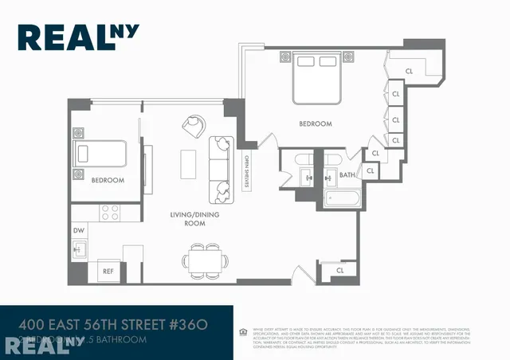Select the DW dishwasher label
(x=78, y=230)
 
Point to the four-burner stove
(x=108, y=213)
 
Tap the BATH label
(x=347, y=174)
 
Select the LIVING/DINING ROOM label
(x=188, y=219)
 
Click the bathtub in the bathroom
(x=343, y=197)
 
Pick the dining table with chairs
(x=203, y=259)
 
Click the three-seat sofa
(x=220, y=168)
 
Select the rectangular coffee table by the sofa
(x=188, y=165)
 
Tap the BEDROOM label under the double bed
(x=316, y=124)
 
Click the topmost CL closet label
(x=409, y=69)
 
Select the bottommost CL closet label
(x=339, y=270)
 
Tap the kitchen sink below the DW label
(x=79, y=250)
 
